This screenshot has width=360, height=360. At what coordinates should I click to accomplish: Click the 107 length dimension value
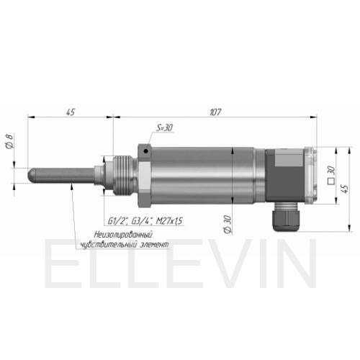(x=215, y=112)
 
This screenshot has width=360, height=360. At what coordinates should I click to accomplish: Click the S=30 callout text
(x=164, y=127)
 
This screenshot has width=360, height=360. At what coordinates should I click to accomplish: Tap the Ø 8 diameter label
(x=9, y=142)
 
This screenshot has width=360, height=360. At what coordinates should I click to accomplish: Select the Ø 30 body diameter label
(x=228, y=225)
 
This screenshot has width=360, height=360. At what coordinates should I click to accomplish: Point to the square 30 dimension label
(x=331, y=175)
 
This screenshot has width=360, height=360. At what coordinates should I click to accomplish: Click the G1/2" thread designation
(x=117, y=221)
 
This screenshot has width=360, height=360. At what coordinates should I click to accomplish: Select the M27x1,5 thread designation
(x=169, y=221)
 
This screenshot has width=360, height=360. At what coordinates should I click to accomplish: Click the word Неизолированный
(x=123, y=234)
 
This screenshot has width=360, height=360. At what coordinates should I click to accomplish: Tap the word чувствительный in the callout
(x=108, y=245)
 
